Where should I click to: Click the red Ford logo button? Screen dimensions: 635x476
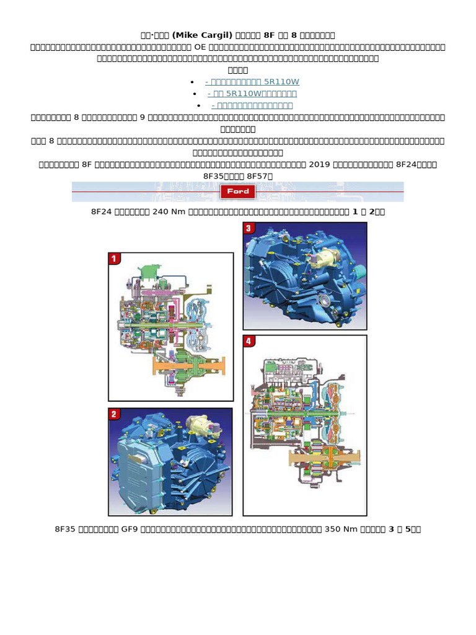(x=238, y=192)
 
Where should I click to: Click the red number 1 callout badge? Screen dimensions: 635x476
(x=115, y=259)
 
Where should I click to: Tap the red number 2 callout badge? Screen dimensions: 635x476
(x=115, y=414)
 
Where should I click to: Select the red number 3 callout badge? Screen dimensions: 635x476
(x=249, y=228)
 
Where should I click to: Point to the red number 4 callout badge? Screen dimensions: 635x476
(x=249, y=341)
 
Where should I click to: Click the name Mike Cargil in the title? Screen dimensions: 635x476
(x=190, y=35)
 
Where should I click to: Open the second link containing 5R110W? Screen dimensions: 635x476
(x=252, y=94)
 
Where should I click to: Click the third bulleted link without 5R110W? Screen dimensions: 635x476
(x=252, y=105)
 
